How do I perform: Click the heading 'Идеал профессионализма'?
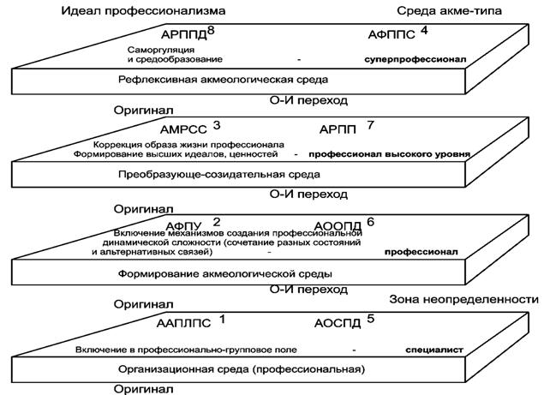click(x=143, y=11)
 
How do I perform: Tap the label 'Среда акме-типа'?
click(x=449, y=11)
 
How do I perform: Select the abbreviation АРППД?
click(x=184, y=35)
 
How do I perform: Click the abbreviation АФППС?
click(x=392, y=35)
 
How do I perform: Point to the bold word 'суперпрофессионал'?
click(x=415, y=59)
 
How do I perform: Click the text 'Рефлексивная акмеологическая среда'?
click(x=223, y=80)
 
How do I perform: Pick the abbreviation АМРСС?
click(x=183, y=130)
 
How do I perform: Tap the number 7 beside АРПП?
click(x=371, y=125)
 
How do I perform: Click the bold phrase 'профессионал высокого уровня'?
click(x=390, y=154)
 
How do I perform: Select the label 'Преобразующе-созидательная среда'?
click(x=219, y=174)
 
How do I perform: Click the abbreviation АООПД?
click(x=338, y=226)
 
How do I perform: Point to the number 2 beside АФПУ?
click(x=217, y=222)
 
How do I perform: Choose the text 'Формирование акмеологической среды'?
click(x=225, y=274)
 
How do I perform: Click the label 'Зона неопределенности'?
click(x=463, y=299)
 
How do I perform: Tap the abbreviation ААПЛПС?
click(x=183, y=324)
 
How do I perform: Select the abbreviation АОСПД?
click(x=338, y=324)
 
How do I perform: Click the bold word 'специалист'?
click(x=434, y=350)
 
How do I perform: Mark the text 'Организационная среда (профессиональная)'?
click(x=242, y=369)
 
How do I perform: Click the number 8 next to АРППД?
click(x=211, y=31)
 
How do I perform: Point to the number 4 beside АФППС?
click(x=424, y=31)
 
